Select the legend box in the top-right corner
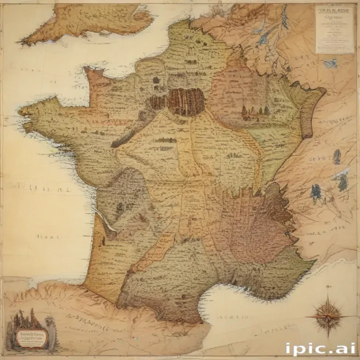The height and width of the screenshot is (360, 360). tap(335, 29)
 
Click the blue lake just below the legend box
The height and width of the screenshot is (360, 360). tap(331, 63)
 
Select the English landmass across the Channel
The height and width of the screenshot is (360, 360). tap(89, 21)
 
